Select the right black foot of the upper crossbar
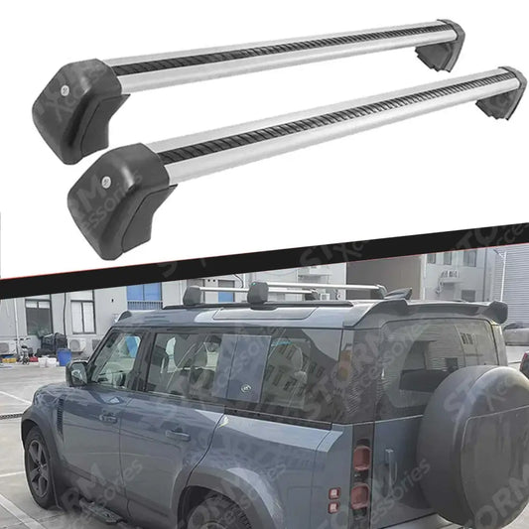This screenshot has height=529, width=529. [x=443, y=46]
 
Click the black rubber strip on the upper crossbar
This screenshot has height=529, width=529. [x=268, y=54]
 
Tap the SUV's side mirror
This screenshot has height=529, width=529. [x=76, y=373]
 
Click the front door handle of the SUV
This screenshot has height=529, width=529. [x=108, y=418]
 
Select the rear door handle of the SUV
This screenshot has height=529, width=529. [x=177, y=434]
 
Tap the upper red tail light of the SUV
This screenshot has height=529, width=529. [x=360, y=458]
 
